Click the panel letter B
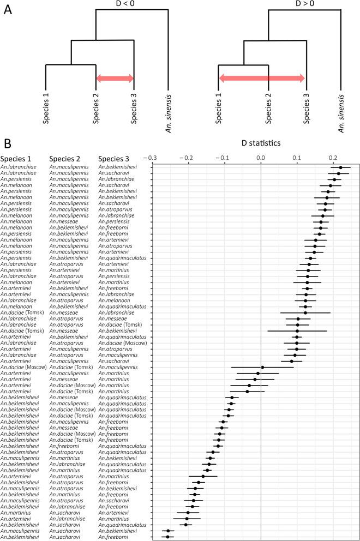8,145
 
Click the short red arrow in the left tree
115,79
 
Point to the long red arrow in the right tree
262,79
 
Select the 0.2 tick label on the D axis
334,158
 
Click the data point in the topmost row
340,168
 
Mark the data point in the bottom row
168,537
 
